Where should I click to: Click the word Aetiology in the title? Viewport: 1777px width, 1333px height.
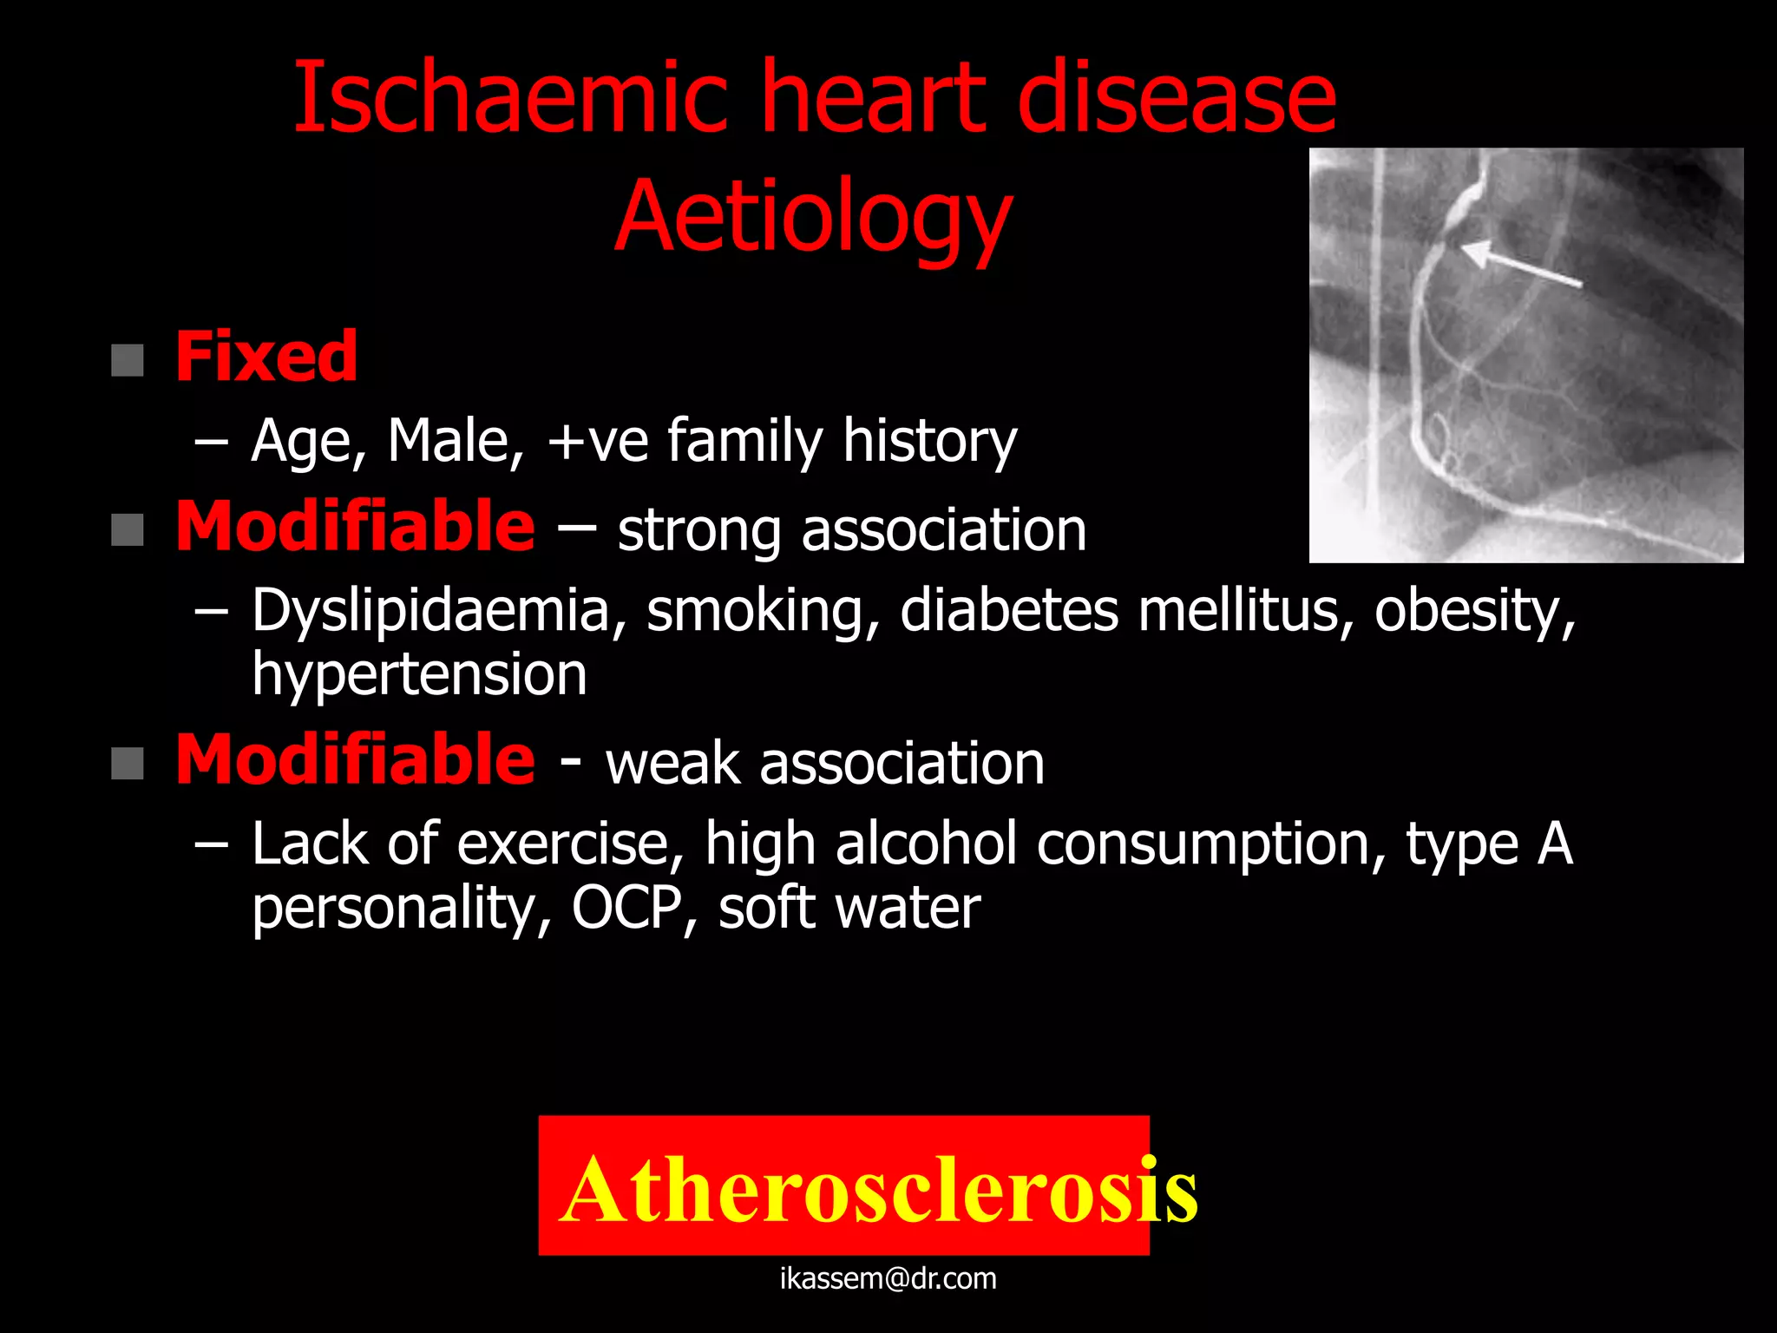click(x=813, y=216)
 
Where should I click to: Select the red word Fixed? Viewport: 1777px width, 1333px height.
click(x=266, y=357)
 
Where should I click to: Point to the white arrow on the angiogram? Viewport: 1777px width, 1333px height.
click(x=1520, y=266)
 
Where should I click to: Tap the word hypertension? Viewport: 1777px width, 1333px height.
click(x=419, y=674)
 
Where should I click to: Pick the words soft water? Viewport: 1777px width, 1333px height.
click(x=849, y=909)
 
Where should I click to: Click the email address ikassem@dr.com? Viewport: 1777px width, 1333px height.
click(x=888, y=1278)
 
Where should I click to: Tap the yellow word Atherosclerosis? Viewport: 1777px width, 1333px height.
click(x=878, y=1190)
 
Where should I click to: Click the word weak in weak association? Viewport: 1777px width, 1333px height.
click(x=673, y=764)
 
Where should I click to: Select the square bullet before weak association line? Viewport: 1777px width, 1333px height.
click(x=128, y=765)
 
